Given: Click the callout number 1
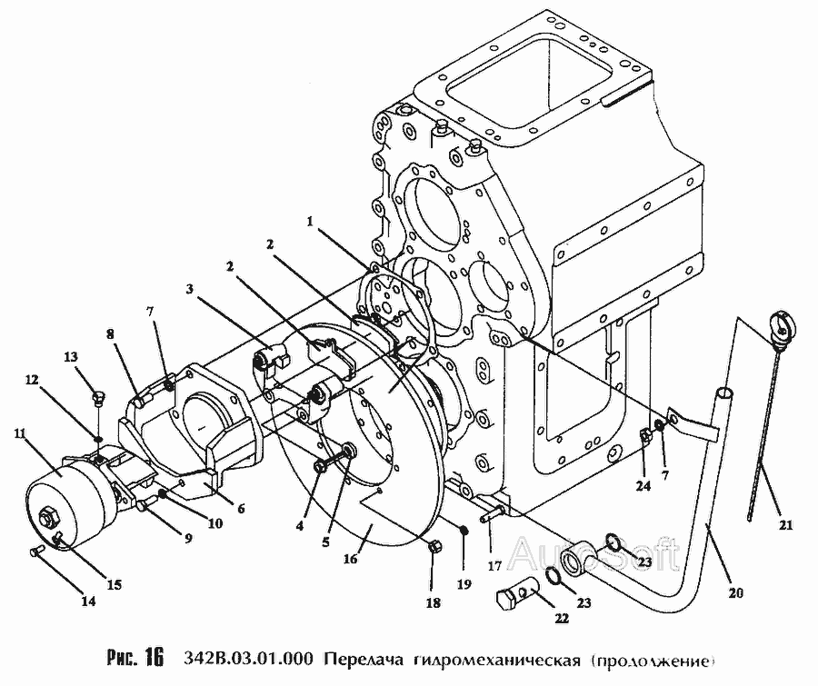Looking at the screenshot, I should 311,219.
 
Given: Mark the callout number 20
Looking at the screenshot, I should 734,594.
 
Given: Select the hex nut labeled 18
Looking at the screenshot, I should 434,548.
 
